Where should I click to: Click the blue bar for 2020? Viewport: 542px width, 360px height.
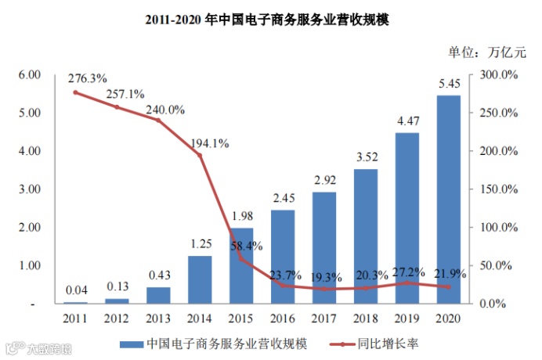click(448, 200)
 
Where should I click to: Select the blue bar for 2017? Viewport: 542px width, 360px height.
click(323, 247)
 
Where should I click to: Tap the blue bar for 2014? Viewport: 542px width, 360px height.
click(200, 279)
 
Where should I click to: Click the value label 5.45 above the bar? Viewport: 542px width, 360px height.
click(449, 84)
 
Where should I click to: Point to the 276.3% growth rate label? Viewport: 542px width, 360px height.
click(88, 79)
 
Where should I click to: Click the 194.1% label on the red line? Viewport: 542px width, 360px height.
click(209, 143)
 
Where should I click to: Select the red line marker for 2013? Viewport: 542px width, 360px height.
click(158, 120)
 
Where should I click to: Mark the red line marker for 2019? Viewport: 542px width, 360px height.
click(406, 283)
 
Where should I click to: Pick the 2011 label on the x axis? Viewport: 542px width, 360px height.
click(75, 317)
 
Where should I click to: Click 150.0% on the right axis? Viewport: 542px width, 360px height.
click(497, 189)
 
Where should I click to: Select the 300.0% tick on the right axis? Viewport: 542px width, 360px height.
click(497, 74)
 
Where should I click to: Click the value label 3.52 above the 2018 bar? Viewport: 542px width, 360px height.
click(366, 157)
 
